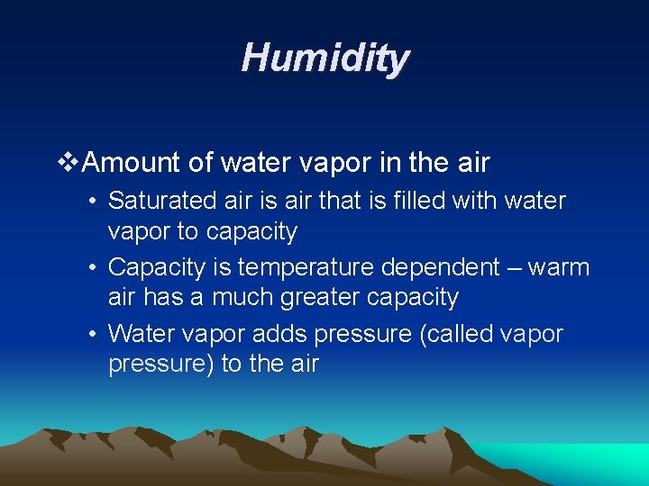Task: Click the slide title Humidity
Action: [x=325, y=59]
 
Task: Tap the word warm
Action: [x=559, y=268]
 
